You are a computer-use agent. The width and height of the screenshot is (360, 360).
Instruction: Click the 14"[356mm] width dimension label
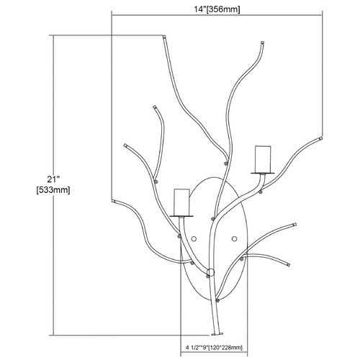click(x=217, y=9)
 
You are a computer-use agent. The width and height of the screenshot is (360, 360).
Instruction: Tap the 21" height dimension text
click(x=53, y=179)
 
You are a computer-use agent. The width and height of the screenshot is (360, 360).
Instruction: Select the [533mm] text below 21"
click(x=53, y=190)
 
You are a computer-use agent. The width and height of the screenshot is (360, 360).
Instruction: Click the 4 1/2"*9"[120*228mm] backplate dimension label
click(x=214, y=347)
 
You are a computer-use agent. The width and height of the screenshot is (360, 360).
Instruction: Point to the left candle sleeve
click(x=182, y=202)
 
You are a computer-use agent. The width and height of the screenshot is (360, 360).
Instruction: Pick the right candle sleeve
click(x=263, y=159)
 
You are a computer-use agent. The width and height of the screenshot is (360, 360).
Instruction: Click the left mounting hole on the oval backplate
click(x=194, y=239)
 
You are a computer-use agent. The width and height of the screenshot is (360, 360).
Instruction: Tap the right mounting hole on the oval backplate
click(x=234, y=238)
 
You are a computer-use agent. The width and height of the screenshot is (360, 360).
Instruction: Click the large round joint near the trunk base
click(x=210, y=272)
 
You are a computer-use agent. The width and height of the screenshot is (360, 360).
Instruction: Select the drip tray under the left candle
click(x=181, y=216)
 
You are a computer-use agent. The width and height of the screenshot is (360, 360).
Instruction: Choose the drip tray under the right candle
click(x=263, y=173)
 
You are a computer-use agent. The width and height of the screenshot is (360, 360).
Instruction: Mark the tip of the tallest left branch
click(x=164, y=37)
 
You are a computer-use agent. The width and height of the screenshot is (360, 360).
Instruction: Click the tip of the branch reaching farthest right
click(x=320, y=138)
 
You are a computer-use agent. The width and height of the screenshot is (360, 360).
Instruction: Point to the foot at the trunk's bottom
click(x=217, y=334)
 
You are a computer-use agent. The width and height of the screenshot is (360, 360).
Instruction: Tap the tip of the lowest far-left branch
click(x=113, y=201)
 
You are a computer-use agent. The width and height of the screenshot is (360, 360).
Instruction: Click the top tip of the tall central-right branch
click(x=262, y=43)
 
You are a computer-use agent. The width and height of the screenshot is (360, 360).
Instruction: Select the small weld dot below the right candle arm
click(x=261, y=192)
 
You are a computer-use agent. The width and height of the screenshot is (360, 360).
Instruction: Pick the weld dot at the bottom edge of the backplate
click(x=217, y=300)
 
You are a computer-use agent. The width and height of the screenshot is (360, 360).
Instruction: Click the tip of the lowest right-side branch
click(x=288, y=265)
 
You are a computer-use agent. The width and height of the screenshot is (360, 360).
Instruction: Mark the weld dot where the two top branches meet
click(x=225, y=163)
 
